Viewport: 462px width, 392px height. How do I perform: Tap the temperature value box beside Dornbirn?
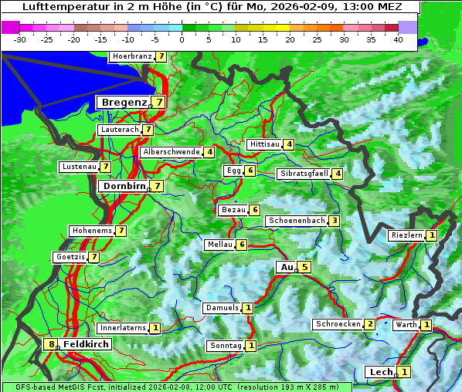point(157,186)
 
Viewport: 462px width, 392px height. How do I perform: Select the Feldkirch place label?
point(86,344)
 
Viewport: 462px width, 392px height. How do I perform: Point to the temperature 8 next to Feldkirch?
point(51,344)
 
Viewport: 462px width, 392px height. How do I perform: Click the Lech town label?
point(381,372)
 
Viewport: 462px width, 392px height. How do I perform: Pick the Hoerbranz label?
point(131,56)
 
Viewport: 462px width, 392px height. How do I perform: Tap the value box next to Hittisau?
point(289,144)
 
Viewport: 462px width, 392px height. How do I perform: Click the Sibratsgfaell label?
point(304,174)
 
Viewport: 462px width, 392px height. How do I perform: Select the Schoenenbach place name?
point(296,221)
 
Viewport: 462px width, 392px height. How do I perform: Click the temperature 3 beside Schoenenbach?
point(334,221)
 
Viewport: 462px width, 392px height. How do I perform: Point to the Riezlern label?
point(407,235)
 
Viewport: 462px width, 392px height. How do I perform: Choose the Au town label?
point(287,267)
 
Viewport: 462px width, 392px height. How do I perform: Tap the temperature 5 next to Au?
point(305,267)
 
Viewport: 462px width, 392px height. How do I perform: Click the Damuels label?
point(222,308)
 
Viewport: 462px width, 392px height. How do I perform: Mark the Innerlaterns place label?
point(123,328)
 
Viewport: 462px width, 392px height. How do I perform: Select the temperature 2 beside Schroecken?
point(370,324)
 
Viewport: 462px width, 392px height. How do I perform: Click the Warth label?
point(406,325)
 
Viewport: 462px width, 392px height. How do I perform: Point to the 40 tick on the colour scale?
point(398,39)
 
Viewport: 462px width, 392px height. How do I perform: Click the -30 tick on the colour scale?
point(20,39)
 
